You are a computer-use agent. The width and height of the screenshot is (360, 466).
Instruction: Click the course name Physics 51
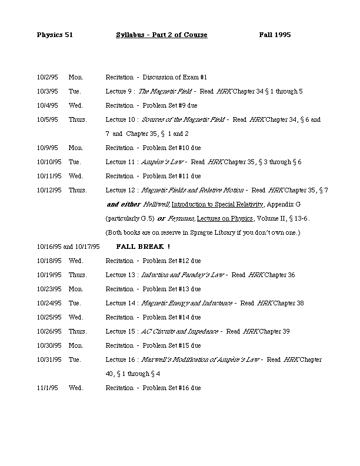click(54, 35)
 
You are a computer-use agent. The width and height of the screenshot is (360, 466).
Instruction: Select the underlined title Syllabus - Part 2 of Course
click(162, 35)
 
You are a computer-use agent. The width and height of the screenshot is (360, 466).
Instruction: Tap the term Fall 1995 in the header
click(275, 35)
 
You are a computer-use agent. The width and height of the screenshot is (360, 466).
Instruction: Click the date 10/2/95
click(47, 77)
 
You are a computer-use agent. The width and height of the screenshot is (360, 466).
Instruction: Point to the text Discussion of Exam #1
click(175, 77)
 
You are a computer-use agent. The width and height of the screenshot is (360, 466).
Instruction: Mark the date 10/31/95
click(49, 360)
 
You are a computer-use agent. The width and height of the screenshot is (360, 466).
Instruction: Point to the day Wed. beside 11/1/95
click(76, 388)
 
